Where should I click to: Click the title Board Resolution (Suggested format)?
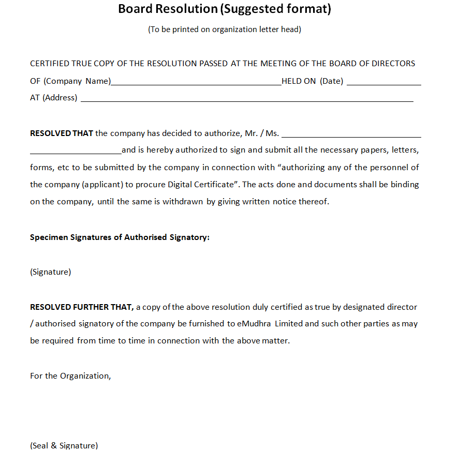225,9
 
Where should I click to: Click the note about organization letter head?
225,29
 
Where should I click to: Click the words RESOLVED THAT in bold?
62,133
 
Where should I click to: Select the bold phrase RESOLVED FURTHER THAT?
82,307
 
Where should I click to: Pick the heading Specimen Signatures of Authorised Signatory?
120,237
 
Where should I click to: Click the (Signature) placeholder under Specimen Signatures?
51,272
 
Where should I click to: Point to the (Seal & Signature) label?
64,445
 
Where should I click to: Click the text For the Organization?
70,375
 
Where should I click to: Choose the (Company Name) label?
77,81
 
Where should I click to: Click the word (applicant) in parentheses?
100,184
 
